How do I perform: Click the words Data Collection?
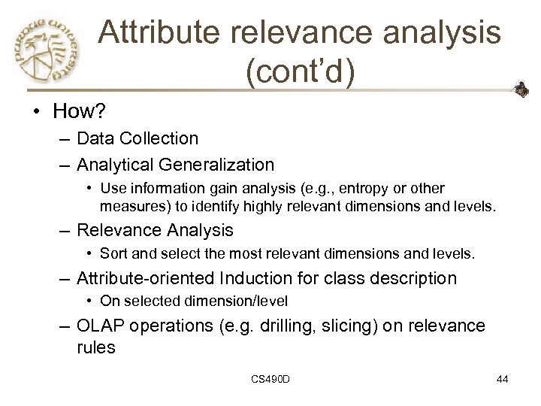[138, 138]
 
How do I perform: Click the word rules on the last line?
[95, 347]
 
